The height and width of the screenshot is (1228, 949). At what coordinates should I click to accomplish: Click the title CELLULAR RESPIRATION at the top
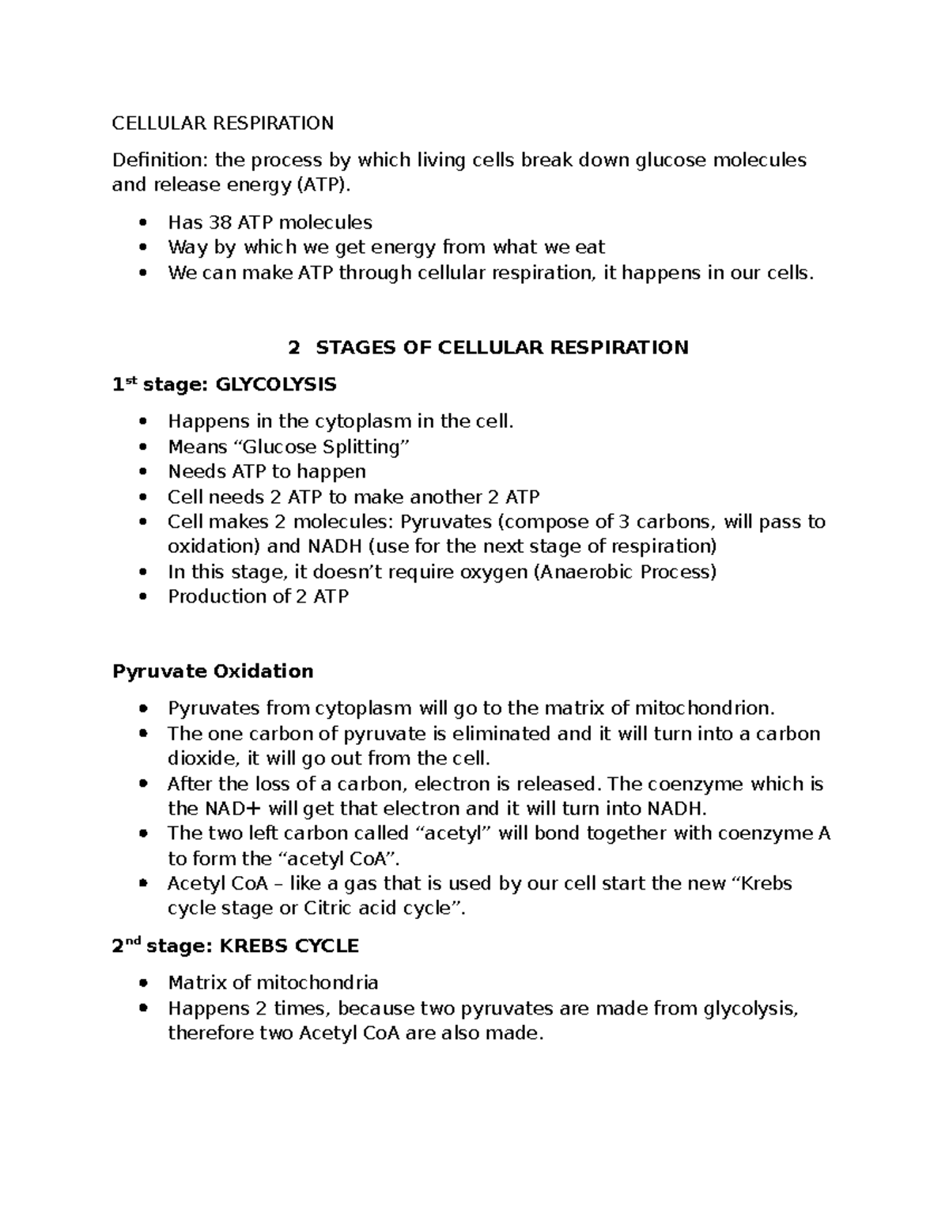222,123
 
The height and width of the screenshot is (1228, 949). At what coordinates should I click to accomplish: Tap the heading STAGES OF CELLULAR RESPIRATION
501,347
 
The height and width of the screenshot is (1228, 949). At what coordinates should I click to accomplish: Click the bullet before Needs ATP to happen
142,472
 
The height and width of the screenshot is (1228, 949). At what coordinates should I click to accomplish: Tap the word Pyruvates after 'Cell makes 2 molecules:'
447,522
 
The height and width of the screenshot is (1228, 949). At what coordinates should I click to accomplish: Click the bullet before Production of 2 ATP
142,597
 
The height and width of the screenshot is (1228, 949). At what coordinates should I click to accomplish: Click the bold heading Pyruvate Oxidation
213,671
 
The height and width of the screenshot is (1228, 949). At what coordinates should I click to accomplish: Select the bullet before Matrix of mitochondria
142,983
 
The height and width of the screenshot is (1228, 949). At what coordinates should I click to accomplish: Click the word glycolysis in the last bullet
750,1008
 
